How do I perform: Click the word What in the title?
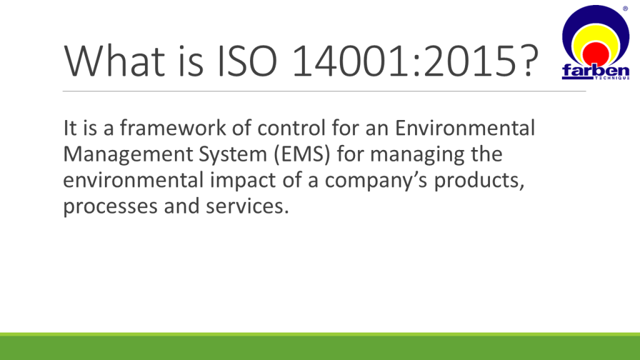click(x=114, y=61)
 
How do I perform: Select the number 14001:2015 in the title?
click(x=404, y=61)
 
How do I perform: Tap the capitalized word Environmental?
click(x=464, y=127)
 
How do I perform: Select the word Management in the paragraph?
click(x=128, y=155)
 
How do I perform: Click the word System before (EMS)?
click(x=232, y=155)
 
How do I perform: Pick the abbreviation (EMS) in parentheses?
click(x=302, y=154)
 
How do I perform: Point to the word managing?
click(x=417, y=155)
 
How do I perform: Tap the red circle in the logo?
click(x=596, y=54)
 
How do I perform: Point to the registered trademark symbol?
click(x=625, y=9)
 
